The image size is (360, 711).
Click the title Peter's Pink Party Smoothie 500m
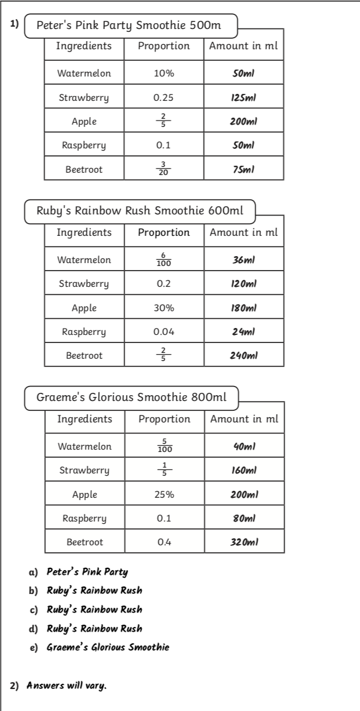[x=129, y=25]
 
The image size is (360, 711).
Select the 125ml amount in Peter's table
[x=243, y=97]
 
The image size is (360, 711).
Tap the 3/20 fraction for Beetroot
[x=163, y=169]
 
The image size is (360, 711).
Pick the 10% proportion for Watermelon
[x=163, y=74]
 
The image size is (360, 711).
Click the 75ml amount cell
[x=243, y=169]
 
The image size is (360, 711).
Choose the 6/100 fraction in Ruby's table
[x=163, y=260]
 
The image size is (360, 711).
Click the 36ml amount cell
[x=243, y=260]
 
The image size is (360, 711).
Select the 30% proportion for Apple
[x=163, y=308]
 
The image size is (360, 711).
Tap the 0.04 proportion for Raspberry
[x=163, y=332]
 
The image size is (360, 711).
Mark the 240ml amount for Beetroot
[x=243, y=355]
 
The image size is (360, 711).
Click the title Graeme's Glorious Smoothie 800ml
[x=131, y=398]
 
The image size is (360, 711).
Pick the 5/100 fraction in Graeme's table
[x=164, y=447]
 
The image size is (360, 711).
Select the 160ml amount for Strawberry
[x=244, y=471]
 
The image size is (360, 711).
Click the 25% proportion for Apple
[x=164, y=494]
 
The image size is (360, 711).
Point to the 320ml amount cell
[x=244, y=542]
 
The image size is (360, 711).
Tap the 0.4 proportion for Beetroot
[x=164, y=542]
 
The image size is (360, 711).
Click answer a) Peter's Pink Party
[x=87, y=572]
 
